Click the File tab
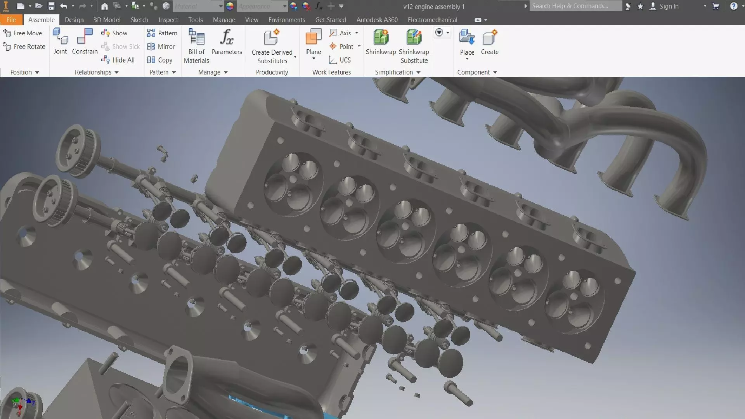(11, 20)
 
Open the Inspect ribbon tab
(168, 20)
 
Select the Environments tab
(286, 20)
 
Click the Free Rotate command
(24, 47)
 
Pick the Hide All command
(118, 60)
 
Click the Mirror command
(161, 47)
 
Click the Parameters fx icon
(227, 37)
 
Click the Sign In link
(669, 6)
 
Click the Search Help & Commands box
(575, 6)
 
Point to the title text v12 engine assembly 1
(433, 7)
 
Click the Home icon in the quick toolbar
(104, 6)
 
